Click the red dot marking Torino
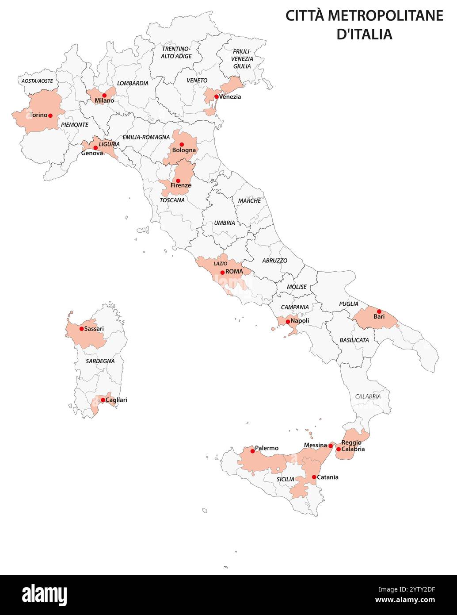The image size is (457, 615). click(x=50, y=115)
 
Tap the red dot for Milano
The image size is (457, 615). click(x=104, y=95)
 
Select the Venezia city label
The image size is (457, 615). click(x=230, y=97)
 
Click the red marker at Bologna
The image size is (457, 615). click(x=181, y=144)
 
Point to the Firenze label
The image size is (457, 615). click(x=181, y=186)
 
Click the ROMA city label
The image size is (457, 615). click(x=234, y=271)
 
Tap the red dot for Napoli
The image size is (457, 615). click(x=288, y=322)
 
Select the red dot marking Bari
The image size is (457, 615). click(x=379, y=311)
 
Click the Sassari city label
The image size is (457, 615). click(x=94, y=329)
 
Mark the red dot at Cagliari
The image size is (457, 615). click(x=103, y=400)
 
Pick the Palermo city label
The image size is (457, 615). click(x=267, y=448)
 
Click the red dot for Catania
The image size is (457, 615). click(x=314, y=477)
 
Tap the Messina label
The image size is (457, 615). click(x=316, y=445)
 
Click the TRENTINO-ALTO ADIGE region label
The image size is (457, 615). click(x=176, y=53)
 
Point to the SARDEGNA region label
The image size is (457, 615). click(x=100, y=361)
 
